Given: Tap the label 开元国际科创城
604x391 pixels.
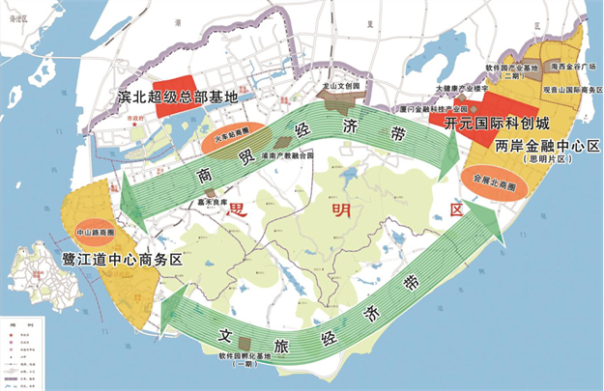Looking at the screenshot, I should [496, 124].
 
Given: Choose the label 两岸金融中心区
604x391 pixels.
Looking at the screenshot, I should [547, 146].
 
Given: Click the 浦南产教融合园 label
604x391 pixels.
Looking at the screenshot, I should [287, 154].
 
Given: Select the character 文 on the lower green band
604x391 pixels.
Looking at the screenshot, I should [225, 338].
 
